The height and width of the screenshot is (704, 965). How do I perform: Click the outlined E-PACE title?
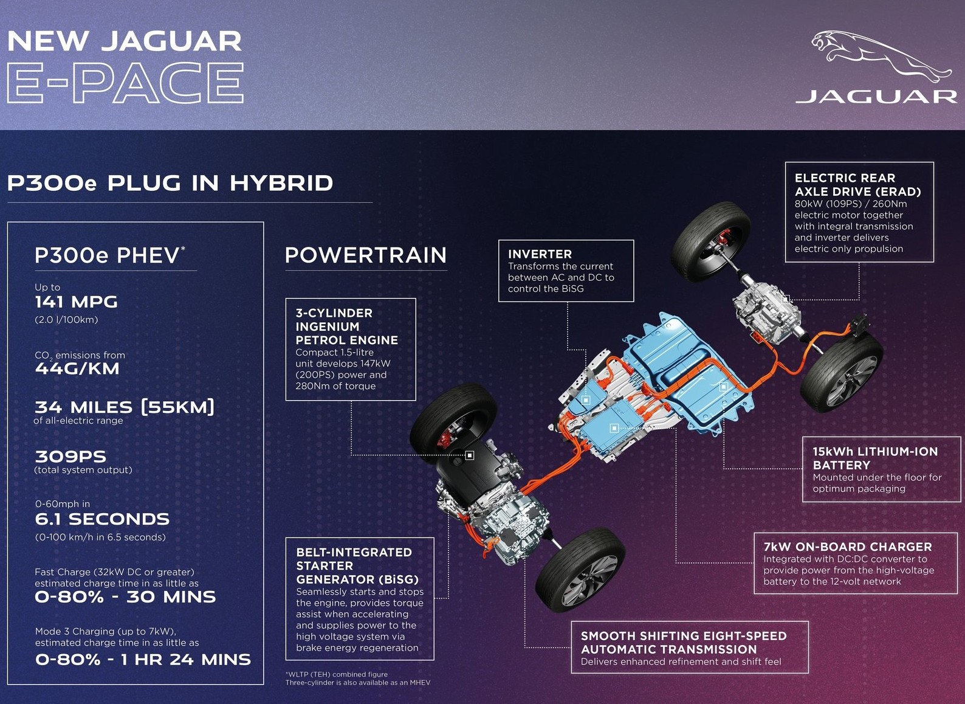[125, 83]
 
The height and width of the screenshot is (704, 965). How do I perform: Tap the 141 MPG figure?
[76, 302]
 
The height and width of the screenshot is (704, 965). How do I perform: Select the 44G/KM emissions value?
[77, 368]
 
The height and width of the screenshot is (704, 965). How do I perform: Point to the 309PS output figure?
[70, 457]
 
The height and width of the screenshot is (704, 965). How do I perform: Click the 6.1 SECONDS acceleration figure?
[102, 519]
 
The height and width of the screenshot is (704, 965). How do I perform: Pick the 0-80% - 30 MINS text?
[125, 597]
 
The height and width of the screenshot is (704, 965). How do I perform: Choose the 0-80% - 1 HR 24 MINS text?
[143, 660]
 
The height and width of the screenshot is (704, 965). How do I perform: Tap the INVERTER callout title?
[540, 254]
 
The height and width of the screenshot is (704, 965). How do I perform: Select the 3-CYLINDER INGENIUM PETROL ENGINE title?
[347, 326]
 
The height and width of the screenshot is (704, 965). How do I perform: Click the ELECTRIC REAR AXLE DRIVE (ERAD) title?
[857, 185]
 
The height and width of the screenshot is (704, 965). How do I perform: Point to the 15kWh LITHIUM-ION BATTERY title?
[875, 458]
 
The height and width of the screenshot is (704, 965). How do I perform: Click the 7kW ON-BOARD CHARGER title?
[847, 547]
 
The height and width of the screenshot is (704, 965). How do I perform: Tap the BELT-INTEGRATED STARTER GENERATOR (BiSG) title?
[357, 565]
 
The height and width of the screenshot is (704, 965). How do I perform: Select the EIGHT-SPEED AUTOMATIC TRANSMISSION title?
[684, 643]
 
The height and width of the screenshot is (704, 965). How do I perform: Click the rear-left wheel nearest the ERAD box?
[711, 242]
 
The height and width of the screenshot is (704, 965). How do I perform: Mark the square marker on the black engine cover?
[470, 455]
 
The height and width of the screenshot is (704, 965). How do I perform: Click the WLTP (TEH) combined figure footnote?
[337, 674]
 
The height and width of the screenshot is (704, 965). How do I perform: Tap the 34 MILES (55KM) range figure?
[125, 407]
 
